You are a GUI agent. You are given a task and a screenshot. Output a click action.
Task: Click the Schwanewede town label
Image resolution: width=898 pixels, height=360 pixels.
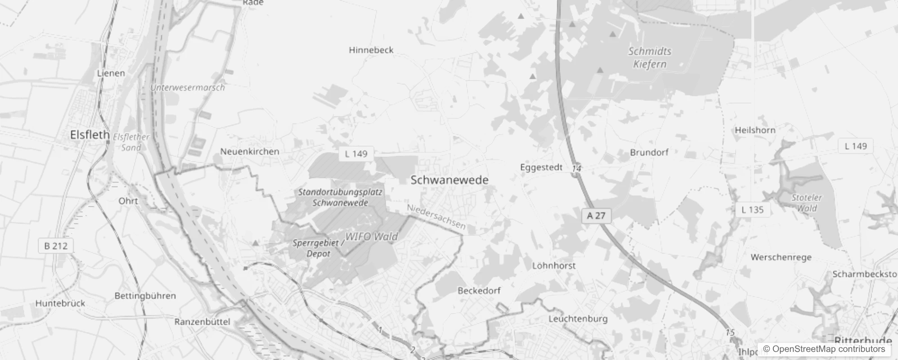click(449, 180)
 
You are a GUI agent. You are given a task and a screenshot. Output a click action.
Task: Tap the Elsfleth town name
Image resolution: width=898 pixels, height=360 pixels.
click(90, 135)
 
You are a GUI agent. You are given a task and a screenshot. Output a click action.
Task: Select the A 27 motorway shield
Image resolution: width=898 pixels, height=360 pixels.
click(596, 216)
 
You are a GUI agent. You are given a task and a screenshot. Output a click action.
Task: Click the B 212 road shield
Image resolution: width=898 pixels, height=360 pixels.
click(56, 246)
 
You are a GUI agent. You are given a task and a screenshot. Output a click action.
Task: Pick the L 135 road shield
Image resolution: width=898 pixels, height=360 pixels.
click(752, 210)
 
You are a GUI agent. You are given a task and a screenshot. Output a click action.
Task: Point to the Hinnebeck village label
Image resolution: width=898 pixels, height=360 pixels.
click(371, 50)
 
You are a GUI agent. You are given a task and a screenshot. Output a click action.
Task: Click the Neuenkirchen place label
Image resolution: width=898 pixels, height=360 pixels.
click(250, 152)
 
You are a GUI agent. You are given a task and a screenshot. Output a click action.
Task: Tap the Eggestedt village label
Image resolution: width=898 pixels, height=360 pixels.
click(541, 167)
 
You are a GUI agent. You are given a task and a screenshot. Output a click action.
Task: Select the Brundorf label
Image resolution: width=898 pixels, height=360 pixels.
click(649, 153)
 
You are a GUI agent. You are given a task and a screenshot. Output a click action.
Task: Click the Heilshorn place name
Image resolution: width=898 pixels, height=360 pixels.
click(755, 130)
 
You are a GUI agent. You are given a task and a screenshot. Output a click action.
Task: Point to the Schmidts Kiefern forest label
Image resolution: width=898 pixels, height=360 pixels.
click(650, 58)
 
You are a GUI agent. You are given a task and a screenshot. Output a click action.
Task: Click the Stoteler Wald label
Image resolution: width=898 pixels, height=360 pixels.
click(806, 203)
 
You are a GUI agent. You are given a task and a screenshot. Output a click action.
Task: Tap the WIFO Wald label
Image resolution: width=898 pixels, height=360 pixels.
click(371, 237)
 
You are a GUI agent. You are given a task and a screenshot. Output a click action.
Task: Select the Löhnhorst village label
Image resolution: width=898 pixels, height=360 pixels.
click(553, 265)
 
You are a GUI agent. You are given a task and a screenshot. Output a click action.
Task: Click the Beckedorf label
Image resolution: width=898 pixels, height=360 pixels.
click(479, 291)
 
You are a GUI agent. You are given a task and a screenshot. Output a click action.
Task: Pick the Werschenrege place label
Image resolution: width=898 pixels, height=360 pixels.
click(781, 257)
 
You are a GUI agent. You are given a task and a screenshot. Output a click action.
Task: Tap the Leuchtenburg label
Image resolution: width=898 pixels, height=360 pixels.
click(578, 319)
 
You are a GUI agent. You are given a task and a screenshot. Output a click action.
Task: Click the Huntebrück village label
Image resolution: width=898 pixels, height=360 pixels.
click(60, 303)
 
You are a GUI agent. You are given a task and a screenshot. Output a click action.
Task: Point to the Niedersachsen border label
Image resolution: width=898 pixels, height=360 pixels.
click(436, 217)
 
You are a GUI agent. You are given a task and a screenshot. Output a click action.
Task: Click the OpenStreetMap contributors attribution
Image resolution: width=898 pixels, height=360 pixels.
click(824, 349)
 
